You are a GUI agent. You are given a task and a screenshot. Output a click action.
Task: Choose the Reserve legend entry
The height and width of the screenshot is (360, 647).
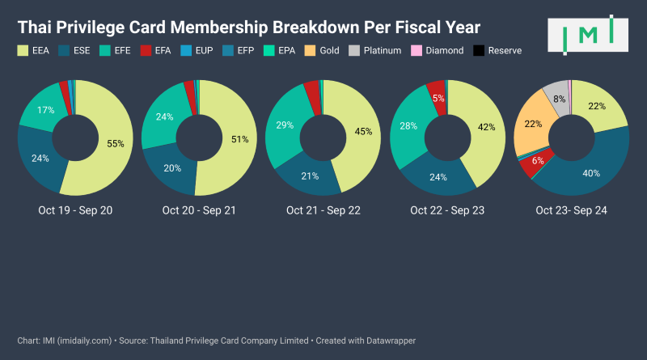pyautogui.click(x=498, y=50)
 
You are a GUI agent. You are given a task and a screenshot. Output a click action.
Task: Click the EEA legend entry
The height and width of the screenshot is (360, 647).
pyautogui.click(x=36, y=50)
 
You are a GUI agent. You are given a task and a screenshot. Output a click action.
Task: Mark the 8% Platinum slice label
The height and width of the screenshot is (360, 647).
pyautogui.click(x=560, y=100)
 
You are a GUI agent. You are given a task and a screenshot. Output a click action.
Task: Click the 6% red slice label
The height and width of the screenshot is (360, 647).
pyautogui.click(x=537, y=160)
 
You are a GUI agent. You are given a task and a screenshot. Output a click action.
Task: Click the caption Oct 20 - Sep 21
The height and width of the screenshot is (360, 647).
pyautogui.click(x=199, y=210)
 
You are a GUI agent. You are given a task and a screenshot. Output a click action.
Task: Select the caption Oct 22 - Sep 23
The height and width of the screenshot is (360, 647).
pyautogui.click(x=447, y=210)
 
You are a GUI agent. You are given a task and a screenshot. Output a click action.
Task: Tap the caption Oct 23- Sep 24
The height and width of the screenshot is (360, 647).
pyautogui.click(x=571, y=210)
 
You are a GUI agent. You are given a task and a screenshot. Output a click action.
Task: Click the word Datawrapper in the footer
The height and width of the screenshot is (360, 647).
pyautogui.click(x=389, y=341)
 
